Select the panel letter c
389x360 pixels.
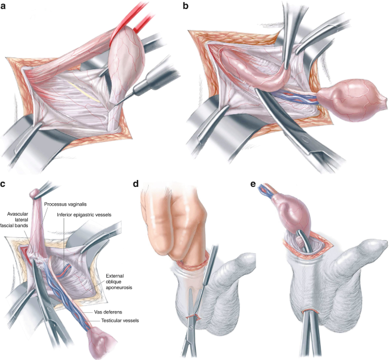pyautogui.click(x=5, y=183)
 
